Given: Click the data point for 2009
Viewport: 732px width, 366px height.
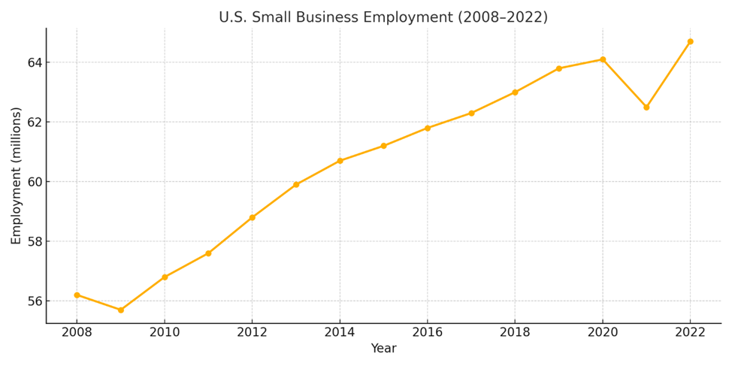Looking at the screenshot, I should pos(121,310).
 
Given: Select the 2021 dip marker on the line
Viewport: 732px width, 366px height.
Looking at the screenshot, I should pos(646,107).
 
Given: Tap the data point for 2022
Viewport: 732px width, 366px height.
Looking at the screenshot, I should pos(690,41).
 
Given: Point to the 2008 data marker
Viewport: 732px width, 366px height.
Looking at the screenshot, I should pos(77,295).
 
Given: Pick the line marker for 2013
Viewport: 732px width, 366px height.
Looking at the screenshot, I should pos(296,184).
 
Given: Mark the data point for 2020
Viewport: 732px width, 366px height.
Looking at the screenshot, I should pos(603,59).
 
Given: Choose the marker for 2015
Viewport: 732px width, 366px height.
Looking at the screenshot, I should pos(383,146).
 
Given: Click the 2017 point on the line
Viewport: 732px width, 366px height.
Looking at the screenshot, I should pos(471,113).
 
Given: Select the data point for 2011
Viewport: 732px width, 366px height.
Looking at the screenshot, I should pos(208,253).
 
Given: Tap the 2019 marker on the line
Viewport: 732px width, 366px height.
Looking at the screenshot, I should pos(558,68).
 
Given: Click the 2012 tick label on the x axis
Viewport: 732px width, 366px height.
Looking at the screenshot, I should pos(252,332).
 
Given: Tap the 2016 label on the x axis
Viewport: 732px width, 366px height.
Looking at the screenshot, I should pos(427,332).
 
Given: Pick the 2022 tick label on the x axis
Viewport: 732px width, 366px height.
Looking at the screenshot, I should pos(690,332).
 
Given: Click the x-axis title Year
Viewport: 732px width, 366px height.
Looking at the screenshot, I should pos(383,349).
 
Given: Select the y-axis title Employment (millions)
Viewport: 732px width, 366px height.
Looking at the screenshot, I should pos(17,175).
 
